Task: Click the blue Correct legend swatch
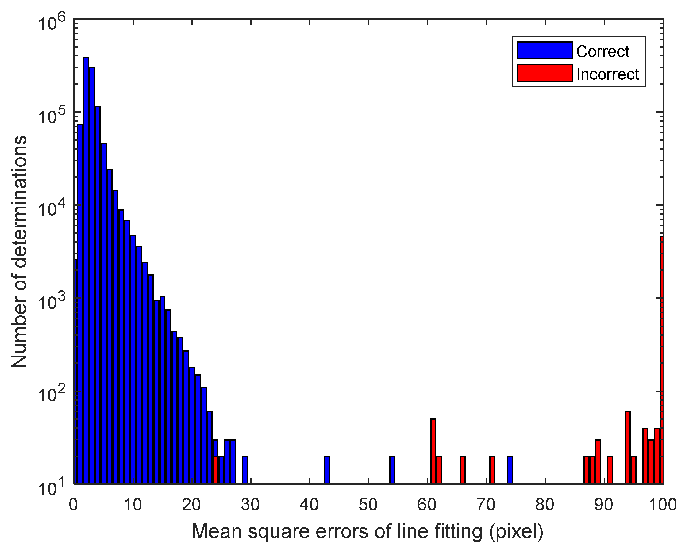(x=545, y=51)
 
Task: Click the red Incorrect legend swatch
(x=545, y=74)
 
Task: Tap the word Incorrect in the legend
(x=607, y=74)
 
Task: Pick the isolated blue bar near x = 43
(x=327, y=470)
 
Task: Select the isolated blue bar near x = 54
(x=392, y=470)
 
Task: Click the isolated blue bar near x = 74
(x=510, y=470)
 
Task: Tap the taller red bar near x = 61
(x=433, y=452)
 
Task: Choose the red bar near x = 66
(x=462, y=470)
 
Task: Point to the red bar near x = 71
(x=492, y=470)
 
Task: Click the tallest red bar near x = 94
(x=627, y=447)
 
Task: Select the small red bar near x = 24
(x=215, y=470)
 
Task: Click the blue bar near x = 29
(x=245, y=470)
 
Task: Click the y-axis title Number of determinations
(x=19, y=252)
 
